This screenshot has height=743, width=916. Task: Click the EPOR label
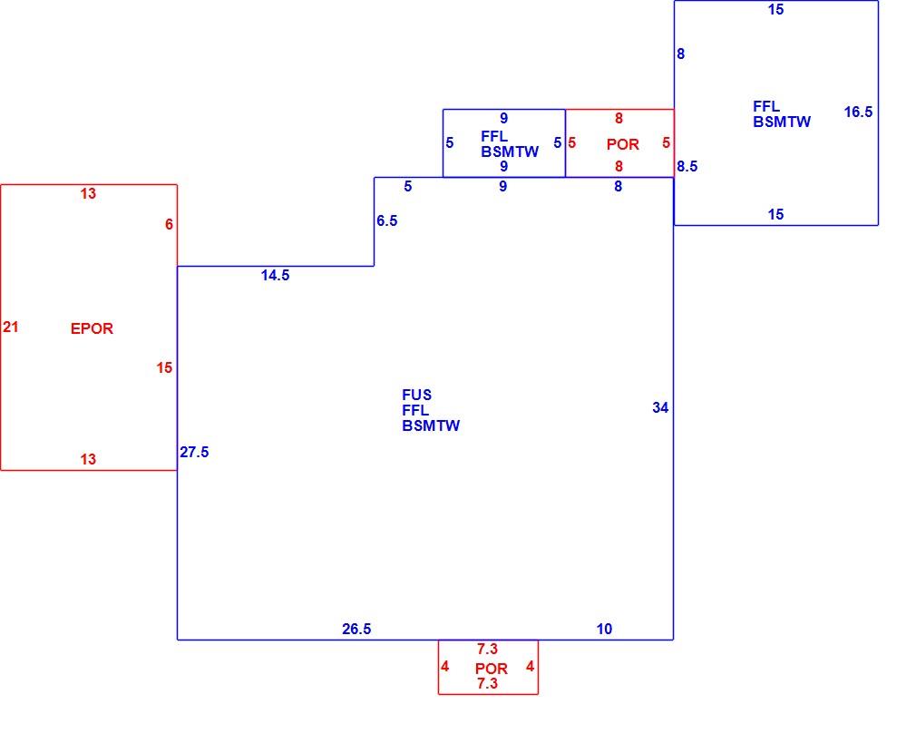click(92, 328)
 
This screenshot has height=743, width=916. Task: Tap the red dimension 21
click(11, 328)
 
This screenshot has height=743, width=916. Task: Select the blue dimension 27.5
click(194, 452)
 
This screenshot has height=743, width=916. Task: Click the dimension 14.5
click(275, 276)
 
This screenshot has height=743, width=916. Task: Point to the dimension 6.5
click(386, 220)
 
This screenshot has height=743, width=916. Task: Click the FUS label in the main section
click(416, 396)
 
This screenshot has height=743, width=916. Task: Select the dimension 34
click(660, 407)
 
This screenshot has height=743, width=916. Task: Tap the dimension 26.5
click(356, 629)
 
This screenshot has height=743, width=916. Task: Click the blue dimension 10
click(604, 629)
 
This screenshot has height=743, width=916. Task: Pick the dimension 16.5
click(858, 112)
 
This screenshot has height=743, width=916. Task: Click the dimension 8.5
click(687, 167)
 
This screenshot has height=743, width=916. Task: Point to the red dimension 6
click(169, 224)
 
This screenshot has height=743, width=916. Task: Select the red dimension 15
click(164, 367)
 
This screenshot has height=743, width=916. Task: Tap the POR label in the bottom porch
click(492, 669)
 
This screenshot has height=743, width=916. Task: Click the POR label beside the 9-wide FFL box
click(623, 144)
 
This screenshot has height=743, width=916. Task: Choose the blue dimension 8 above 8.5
click(680, 54)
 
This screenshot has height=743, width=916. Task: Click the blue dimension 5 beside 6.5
click(408, 187)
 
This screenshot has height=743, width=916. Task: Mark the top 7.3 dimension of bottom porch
click(487, 649)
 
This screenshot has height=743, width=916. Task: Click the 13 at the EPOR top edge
click(88, 193)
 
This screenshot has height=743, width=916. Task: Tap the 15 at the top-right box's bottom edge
click(775, 214)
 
